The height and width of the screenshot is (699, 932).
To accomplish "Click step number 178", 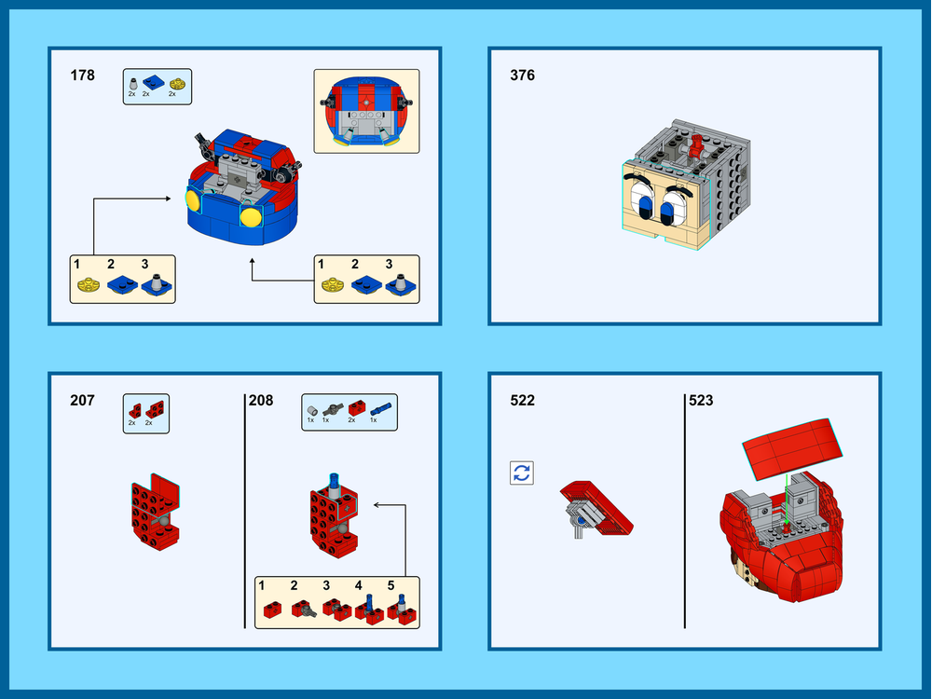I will click(x=83, y=75).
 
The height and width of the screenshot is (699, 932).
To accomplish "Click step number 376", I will click(x=522, y=75).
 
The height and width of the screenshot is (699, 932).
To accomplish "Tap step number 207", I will click(x=82, y=401).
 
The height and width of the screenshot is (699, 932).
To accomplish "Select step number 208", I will click(x=261, y=401).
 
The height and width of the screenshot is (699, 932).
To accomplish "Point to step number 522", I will click(x=522, y=401).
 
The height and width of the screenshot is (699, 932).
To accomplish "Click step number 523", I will click(x=701, y=401).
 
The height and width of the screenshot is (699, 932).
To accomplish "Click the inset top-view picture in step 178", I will click(x=366, y=110).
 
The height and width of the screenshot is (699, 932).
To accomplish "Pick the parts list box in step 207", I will click(x=146, y=411).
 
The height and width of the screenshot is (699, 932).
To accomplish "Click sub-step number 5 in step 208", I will click(x=391, y=585).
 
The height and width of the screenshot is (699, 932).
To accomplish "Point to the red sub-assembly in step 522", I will click(x=596, y=509).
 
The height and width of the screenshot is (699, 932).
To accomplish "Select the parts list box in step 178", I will click(x=158, y=86).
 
